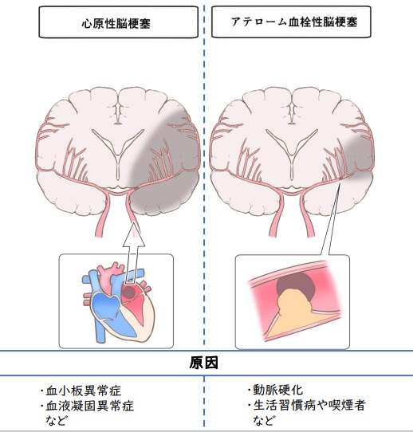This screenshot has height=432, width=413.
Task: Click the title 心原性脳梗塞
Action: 116,24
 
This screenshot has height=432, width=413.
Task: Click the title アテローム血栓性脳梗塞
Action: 294,22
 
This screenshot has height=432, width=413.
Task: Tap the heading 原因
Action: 203,363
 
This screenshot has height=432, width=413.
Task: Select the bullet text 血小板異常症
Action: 84,391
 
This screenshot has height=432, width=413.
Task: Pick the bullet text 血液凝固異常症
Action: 90,406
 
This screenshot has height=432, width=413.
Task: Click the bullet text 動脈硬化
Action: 278,390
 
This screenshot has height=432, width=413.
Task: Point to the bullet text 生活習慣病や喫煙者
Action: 309,405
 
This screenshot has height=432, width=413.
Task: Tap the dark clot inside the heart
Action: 128,293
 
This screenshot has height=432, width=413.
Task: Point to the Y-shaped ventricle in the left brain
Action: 118,150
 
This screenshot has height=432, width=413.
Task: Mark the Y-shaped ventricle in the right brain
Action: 292,150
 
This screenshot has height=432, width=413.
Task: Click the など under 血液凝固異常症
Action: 57,420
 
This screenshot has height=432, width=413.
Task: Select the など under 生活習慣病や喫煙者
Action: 264,420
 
